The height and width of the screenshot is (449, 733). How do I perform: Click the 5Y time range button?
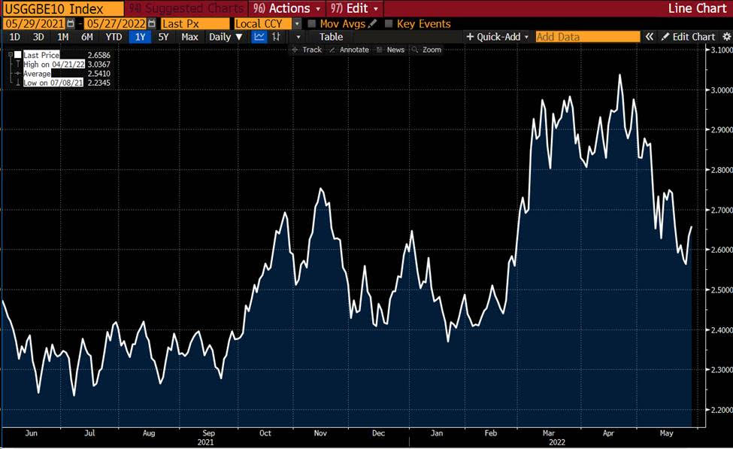pos(163,37)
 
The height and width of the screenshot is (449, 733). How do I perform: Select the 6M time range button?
pos(87,37)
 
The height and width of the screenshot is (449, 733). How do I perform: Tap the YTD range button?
pos(114,37)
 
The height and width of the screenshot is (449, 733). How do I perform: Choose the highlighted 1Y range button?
pos(140,37)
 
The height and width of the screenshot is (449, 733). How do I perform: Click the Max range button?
pos(189,37)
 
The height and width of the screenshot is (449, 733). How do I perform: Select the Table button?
pos(331,37)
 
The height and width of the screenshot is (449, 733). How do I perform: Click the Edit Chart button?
pos(689,37)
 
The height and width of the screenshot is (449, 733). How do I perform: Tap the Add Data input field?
pos(587,37)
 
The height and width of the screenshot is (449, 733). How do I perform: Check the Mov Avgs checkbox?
pos(312,23)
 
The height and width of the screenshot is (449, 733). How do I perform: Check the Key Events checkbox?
pos(388,23)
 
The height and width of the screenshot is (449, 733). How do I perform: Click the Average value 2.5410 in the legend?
pos(99,74)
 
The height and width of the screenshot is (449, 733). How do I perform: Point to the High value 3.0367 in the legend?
pos(99,65)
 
